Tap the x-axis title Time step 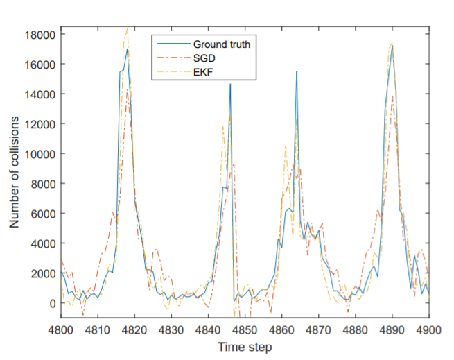pos(245,346)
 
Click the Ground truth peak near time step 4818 pos(128,49)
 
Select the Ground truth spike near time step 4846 pos(231,84)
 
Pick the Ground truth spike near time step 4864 pos(297,71)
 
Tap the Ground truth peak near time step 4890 pos(392,46)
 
